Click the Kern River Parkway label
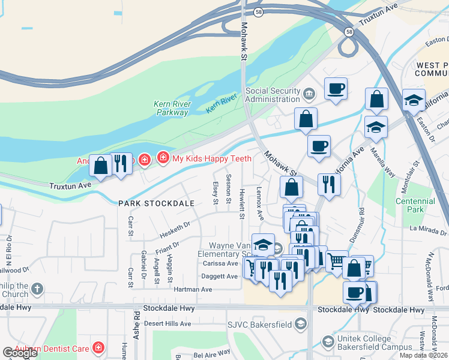click(172, 108)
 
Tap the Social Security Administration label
click(273, 95)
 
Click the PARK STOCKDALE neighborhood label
click(156, 203)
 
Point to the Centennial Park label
click(415, 205)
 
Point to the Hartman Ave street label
click(193, 289)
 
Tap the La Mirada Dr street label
click(427, 230)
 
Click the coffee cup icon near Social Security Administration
click(336, 89)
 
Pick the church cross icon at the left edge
click(37, 289)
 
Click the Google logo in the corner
click(20, 353)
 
